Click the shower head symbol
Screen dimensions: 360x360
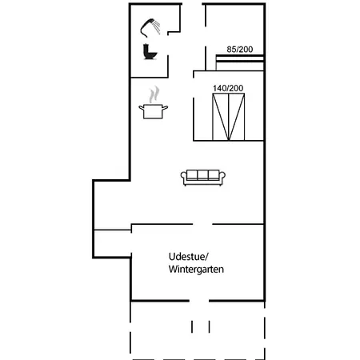150,27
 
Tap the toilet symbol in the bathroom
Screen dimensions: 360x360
150,52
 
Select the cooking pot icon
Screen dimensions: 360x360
154,111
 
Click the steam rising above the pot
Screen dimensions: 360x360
154,94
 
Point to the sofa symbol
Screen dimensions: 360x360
203,178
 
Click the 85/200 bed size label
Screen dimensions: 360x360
240,50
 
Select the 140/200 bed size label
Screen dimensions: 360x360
228,88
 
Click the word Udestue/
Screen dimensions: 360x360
188,257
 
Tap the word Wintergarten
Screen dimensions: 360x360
196,269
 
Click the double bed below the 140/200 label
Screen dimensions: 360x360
229,117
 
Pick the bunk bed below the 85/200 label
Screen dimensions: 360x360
240,62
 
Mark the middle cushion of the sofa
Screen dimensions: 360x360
202,175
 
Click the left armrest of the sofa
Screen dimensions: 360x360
183,177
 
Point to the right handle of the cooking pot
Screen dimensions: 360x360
165,108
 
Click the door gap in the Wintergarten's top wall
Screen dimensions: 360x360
202,224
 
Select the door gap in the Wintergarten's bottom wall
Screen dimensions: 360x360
199,301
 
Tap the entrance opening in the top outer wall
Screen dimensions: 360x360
192,4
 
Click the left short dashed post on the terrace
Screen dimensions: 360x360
192,326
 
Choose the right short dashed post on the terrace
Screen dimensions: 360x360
209,326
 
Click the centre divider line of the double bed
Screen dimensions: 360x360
229,117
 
